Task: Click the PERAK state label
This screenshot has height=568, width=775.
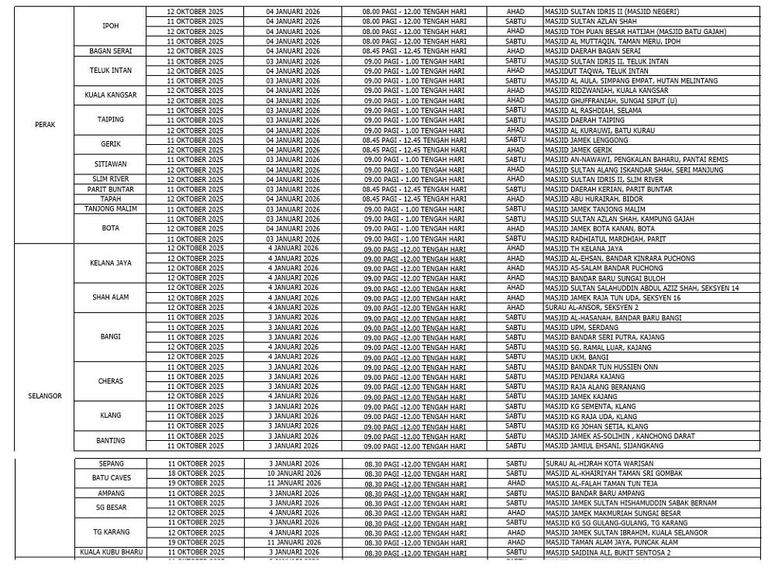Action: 45,125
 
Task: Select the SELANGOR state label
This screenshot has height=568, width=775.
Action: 45,396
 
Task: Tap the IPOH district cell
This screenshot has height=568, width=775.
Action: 111,26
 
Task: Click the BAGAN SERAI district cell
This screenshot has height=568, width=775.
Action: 111,51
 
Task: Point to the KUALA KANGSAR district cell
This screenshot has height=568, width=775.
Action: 111,95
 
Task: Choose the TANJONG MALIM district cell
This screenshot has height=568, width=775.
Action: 111,209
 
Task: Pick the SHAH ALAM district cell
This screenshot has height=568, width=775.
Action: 111,298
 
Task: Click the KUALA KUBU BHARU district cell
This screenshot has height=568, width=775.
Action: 111,553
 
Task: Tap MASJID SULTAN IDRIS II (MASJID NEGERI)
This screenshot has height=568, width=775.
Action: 611,12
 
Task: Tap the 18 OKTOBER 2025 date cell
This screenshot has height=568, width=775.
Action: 196,473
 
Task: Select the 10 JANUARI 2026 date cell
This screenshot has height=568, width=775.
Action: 294,473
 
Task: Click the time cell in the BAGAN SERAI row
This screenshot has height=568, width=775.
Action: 415,51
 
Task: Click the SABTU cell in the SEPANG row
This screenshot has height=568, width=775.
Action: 515,463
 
